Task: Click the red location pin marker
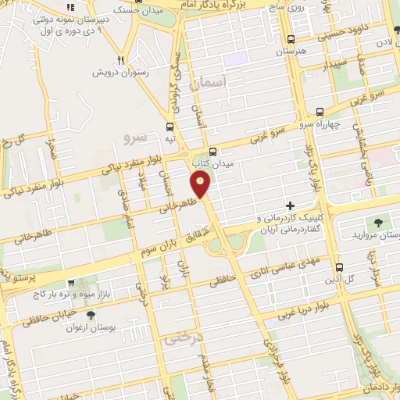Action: [x=202, y=184]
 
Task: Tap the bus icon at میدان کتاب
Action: [x=213, y=152]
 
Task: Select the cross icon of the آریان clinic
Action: [x=290, y=205]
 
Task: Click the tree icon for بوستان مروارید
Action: [x=378, y=223]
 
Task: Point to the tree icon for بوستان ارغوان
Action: [x=91, y=315]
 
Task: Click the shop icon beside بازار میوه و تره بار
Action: [x=71, y=284]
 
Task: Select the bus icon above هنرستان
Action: [x=291, y=39]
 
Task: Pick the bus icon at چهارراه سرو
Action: [x=320, y=112]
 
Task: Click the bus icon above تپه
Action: [x=170, y=127]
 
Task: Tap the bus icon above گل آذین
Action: [x=339, y=266]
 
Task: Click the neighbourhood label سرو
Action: [x=135, y=137]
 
